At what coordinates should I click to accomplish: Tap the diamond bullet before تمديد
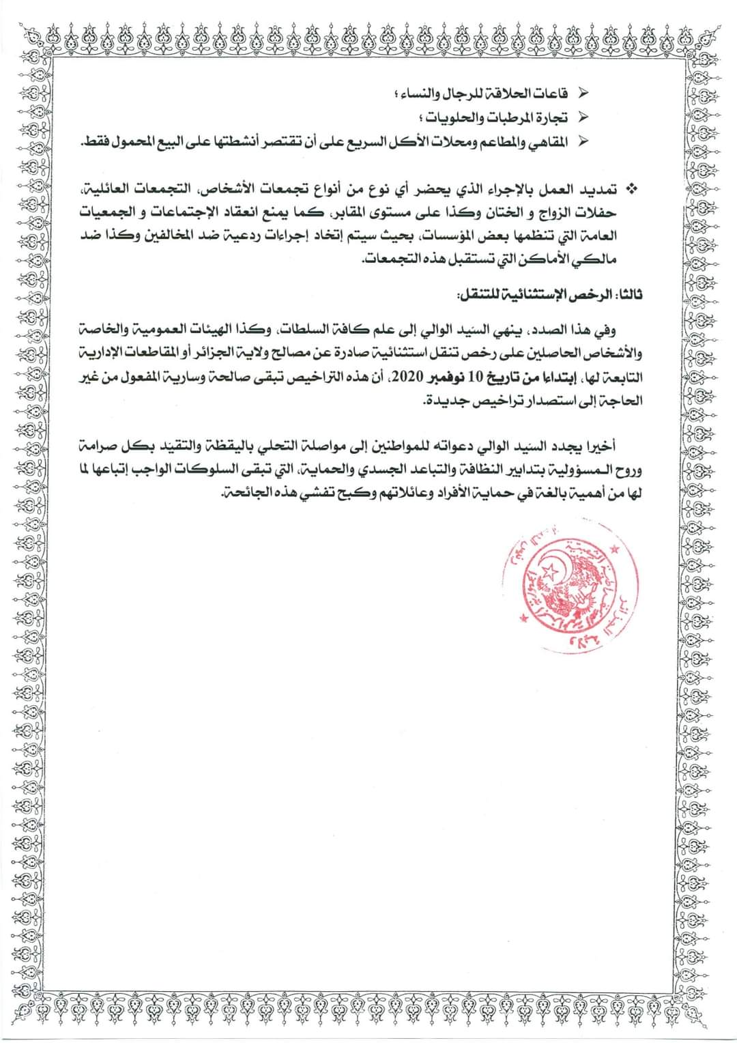pyautogui.click(x=631, y=187)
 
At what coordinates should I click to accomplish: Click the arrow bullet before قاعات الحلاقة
pyautogui.click(x=583, y=91)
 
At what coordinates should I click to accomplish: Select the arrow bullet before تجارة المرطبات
pyautogui.click(x=583, y=116)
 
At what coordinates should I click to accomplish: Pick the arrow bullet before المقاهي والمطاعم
pyautogui.click(x=583, y=141)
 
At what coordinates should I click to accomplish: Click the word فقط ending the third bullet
pyautogui.click(x=93, y=141)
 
